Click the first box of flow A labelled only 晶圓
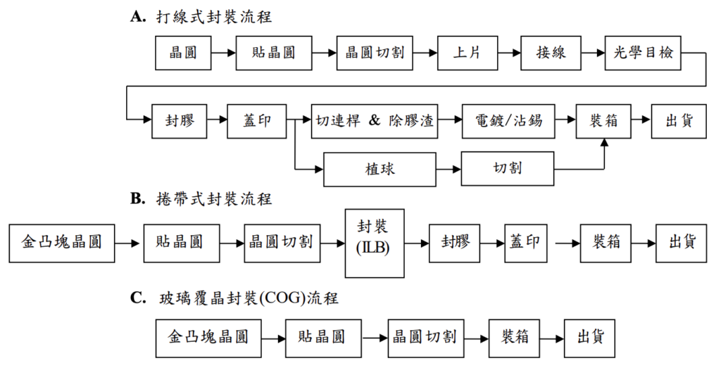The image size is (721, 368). (183, 53)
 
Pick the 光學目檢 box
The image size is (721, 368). (643, 53)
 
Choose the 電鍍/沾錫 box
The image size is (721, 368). (508, 120)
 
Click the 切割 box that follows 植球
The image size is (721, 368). (508, 169)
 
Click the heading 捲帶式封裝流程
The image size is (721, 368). (214, 199)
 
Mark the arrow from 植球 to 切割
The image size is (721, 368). (448, 170)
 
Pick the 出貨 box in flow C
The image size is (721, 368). (589, 337)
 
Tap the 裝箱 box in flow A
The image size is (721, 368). (603, 120)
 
